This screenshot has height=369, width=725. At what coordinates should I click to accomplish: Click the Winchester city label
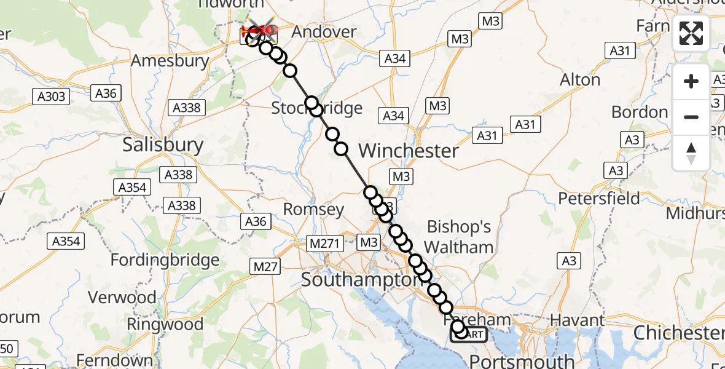click(409, 151)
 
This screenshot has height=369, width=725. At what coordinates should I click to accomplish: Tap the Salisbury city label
click(163, 145)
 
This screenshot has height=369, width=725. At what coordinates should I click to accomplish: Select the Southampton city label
click(359, 280)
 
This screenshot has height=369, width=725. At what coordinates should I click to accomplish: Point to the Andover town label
click(323, 32)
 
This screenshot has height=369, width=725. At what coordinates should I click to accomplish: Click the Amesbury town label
click(170, 61)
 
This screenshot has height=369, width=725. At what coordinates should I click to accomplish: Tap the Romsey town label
click(313, 209)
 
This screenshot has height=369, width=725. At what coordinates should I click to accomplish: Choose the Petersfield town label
click(599, 199)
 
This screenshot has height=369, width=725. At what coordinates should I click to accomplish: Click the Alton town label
click(580, 80)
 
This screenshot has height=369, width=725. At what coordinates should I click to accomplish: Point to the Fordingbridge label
click(165, 260)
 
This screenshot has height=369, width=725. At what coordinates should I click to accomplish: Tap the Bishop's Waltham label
click(459, 237)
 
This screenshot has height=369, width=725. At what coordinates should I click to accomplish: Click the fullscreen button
click(691, 33)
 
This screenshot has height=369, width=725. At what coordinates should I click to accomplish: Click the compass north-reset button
click(691, 153)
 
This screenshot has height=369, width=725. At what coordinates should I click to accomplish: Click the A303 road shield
click(52, 96)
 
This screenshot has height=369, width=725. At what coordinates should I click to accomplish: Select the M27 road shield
click(265, 266)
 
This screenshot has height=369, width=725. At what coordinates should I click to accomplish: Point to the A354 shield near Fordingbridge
click(66, 241)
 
